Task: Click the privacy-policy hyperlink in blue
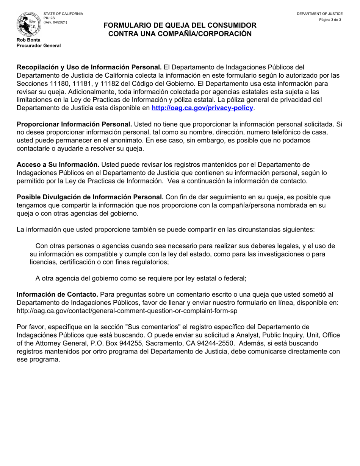coord(202,108)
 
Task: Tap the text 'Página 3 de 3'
coord(330,20)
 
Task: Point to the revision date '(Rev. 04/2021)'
coord(55,22)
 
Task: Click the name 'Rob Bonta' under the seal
coord(28,40)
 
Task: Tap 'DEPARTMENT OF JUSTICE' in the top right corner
coord(319,14)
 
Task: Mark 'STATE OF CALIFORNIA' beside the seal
coord(63,14)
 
